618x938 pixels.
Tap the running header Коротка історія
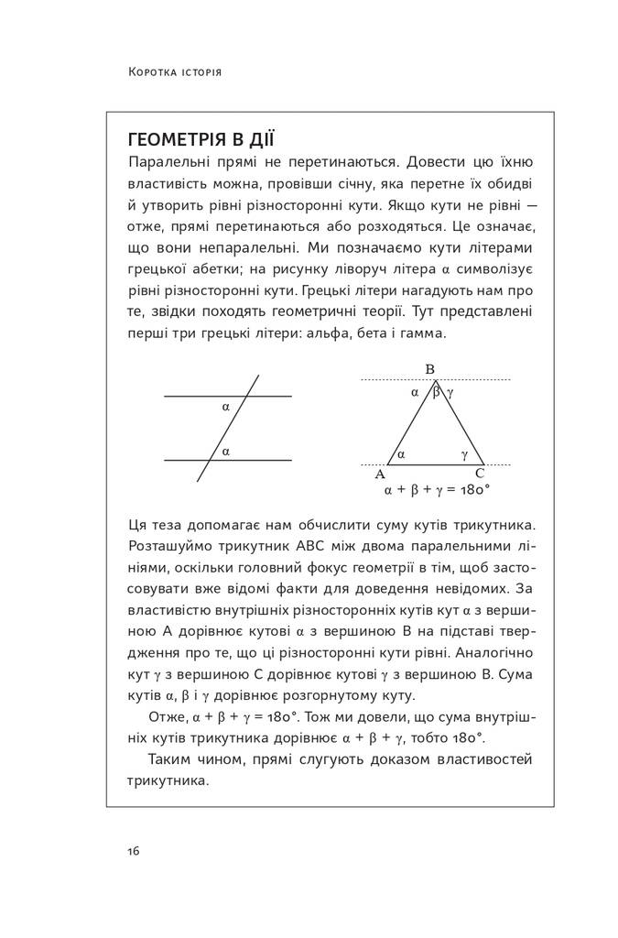click(175, 71)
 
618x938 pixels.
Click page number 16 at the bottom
click(134, 851)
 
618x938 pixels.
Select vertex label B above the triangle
click(429, 369)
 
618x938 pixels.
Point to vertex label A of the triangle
click(380, 474)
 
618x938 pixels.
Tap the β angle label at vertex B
click(437, 391)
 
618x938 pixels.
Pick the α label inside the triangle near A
click(403, 453)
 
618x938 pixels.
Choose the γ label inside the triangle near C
click(464, 453)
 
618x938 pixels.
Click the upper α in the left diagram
click(226, 405)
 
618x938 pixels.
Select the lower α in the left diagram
click(225, 451)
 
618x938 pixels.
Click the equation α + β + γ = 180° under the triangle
click(438, 490)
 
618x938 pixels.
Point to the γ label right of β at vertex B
click(450, 391)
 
